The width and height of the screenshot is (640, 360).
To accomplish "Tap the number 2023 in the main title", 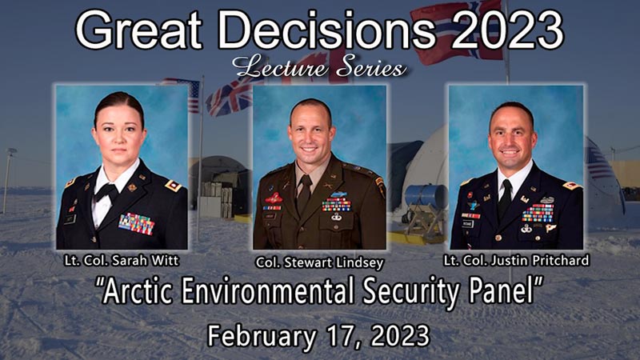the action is [x=507, y=30].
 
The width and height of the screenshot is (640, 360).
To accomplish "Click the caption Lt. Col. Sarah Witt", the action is [x=122, y=261].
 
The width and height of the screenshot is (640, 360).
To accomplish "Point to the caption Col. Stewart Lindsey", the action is [x=319, y=262].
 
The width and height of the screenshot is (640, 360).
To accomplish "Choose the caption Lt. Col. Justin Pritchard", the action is [x=516, y=261].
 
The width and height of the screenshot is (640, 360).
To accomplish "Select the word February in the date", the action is [x=262, y=336].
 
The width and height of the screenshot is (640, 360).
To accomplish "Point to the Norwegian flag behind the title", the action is [x=457, y=33].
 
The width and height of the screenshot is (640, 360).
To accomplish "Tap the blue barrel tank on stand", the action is [x=426, y=197].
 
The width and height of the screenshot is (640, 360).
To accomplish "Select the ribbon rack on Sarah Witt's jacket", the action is [x=137, y=224].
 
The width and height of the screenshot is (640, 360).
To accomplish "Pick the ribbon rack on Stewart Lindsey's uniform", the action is [x=336, y=205].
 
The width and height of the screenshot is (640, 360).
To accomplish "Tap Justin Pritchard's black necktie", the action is [x=505, y=199].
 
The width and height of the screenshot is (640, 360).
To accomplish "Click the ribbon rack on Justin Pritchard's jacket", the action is [x=538, y=213].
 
